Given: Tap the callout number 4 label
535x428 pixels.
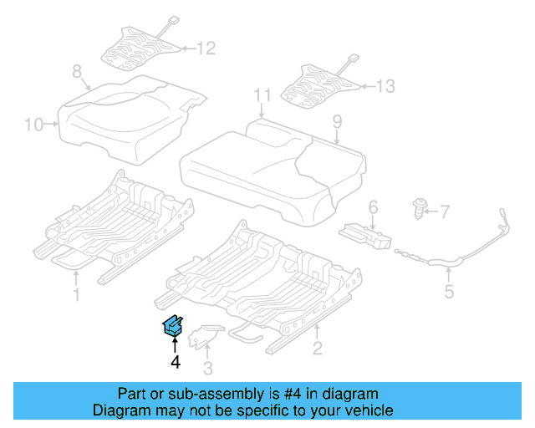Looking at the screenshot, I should [175, 362].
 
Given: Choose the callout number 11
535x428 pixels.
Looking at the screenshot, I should [262, 94].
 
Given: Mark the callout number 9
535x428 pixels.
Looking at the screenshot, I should [337, 122].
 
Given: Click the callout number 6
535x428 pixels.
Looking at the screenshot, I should [373, 206].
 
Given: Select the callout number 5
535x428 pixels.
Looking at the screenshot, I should [449, 292].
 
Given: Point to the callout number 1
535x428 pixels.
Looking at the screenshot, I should [76, 294].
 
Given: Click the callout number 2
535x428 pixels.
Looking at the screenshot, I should [317, 348].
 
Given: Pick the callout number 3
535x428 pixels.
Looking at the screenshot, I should [208, 367].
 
